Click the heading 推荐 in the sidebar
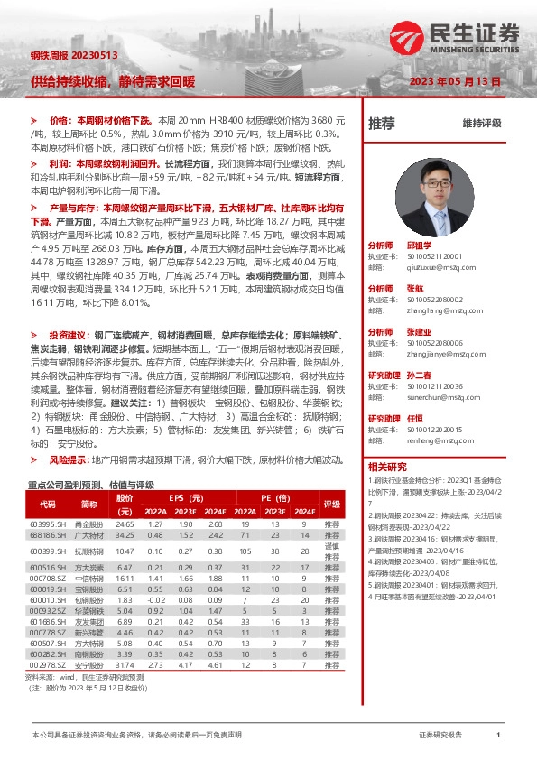click(382, 123)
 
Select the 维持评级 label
click(481, 123)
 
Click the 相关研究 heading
click(388, 467)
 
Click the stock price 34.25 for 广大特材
click(125, 536)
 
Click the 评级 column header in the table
click(331, 504)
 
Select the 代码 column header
click(46, 504)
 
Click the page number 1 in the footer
click(498, 736)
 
